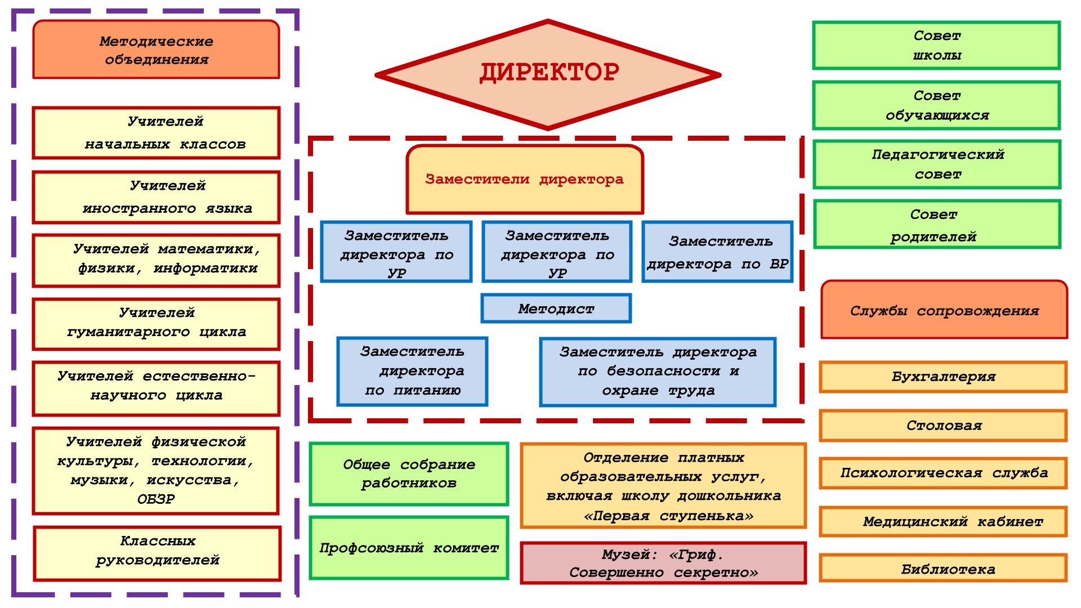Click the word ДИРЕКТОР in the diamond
point(549,73)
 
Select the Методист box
point(556,309)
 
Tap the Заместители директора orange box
point(524,180)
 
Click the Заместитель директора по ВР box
point(717,252)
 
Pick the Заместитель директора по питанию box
point(412,372)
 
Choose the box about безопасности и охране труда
point(658,372)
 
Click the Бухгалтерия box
point(943,377)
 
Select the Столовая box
point(943,426)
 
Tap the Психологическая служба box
point(943,473)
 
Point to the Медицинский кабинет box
point(943,522)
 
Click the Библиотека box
point(943,569)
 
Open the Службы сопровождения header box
point(944,310)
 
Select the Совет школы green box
point(936,46)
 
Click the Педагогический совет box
point(937,164)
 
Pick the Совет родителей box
point(937,225)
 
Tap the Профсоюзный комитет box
point(409,548)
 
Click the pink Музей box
point(663,563)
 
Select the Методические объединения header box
point(156,50)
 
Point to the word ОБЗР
point(156,499)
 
